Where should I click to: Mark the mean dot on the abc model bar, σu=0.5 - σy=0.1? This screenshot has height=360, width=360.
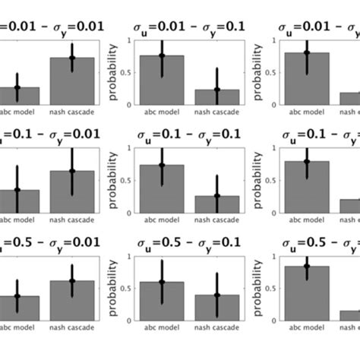point(162,282)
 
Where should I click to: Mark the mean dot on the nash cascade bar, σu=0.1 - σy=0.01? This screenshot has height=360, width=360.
point(72,172)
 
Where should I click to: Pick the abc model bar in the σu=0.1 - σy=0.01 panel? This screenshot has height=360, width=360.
point(18,201)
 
